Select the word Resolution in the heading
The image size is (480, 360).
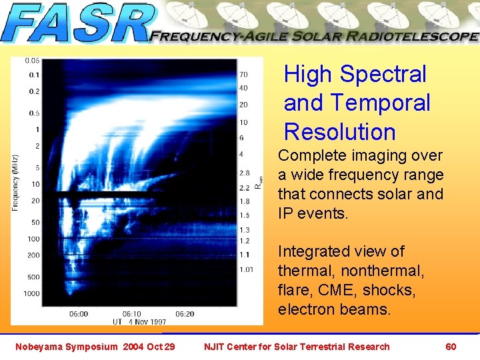tap(339, 132)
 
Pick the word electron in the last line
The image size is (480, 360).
tap(307, 310)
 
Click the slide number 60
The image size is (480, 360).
tap(451, 347)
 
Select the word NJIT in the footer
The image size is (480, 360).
tap(216, 347)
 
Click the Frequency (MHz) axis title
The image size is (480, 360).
tap(15, 183)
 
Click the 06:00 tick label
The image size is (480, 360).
tap(78, 313)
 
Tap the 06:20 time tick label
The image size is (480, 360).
tap(185, 313)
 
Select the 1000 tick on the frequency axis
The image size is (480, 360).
tap(31, 294)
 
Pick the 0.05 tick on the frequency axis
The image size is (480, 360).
tap(32, 61)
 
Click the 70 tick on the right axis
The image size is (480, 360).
tap(243, 74)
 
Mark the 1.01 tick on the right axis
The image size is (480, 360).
tap(246, 269)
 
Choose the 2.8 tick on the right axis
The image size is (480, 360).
tap(244, 173)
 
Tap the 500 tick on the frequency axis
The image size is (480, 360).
tap(33, 277)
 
